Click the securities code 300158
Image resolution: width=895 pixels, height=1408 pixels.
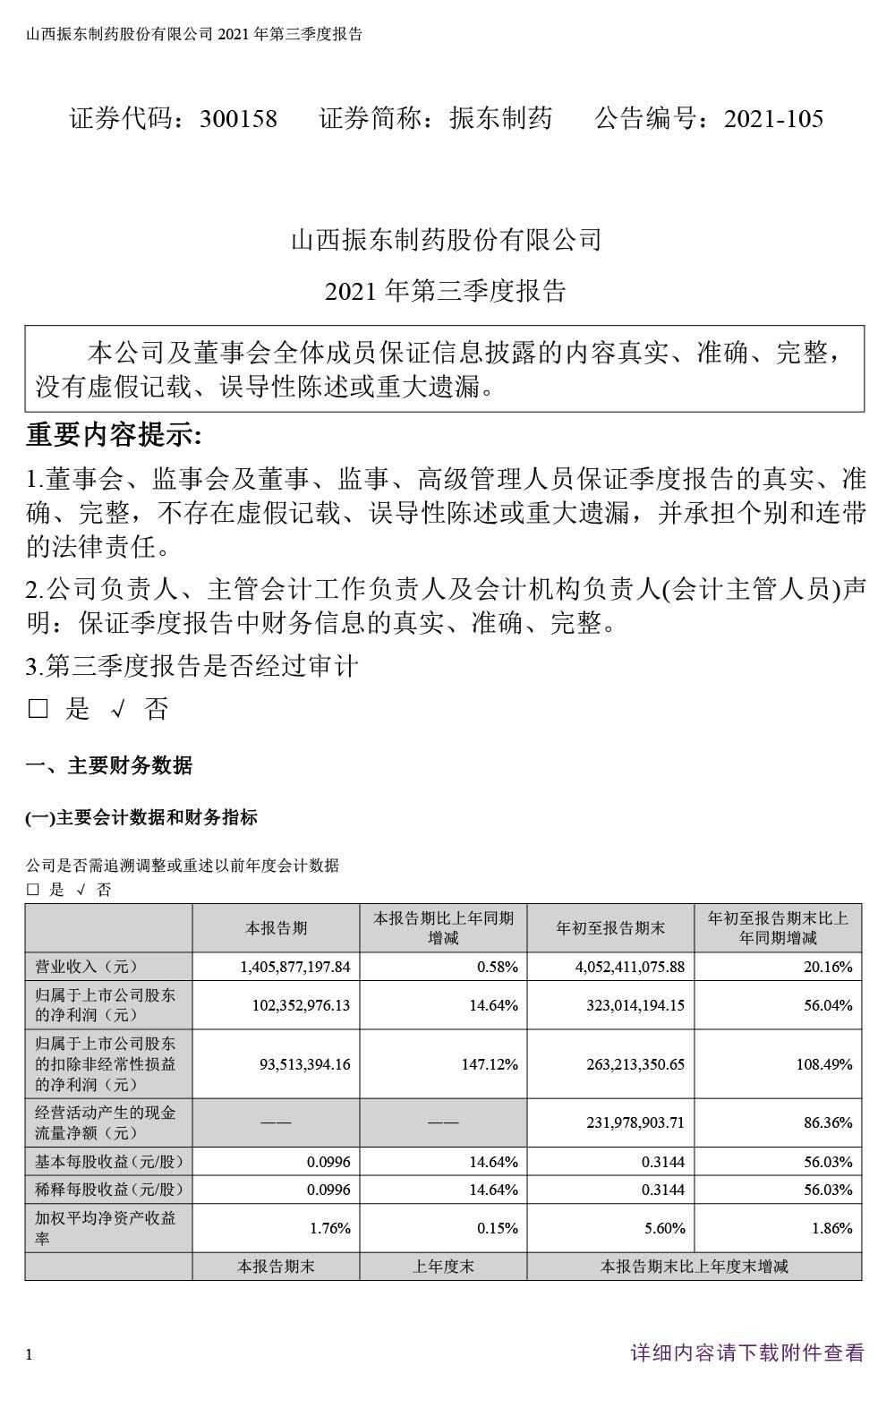coord(238,119)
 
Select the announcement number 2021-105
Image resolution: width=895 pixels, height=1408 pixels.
coord(773,119)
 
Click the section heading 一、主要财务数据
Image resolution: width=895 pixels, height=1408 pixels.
coord(108,766)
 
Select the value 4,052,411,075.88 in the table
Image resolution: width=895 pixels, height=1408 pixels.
coord(618,968)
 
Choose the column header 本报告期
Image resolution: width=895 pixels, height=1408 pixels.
coord(276,928)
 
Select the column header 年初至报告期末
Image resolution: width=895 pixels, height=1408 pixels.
coord(610,928)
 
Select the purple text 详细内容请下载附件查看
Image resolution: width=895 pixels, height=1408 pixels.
coord(747,1353)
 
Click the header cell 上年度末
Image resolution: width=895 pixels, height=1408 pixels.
coord(443,1267)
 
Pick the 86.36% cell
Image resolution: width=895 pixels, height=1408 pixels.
coord(828,1122)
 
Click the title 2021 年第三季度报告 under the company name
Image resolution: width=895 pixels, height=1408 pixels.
coord(446,292)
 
